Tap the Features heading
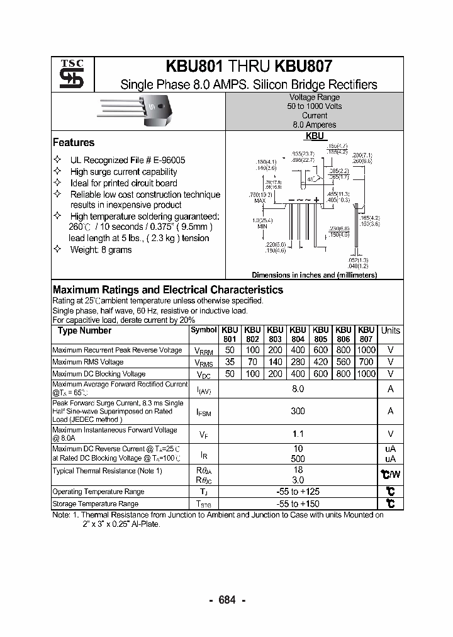[74, 143]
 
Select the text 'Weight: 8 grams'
[101, 250]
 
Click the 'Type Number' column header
[84, 331]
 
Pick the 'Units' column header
[390, 331]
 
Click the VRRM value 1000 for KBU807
[366, 350]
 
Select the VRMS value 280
[298, 362]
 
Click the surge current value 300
[298, 411]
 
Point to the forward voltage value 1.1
[298, 434]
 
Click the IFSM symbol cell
[204, 412]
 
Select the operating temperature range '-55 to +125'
[298, 492]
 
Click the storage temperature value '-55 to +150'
[298, 504]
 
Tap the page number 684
[226, 600]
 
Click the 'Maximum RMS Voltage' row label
[88, 362]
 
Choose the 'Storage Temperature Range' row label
[94, 504]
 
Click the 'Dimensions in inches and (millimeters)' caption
[314, 275]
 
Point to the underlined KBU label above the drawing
[315, 136]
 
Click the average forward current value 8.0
[298, 389]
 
